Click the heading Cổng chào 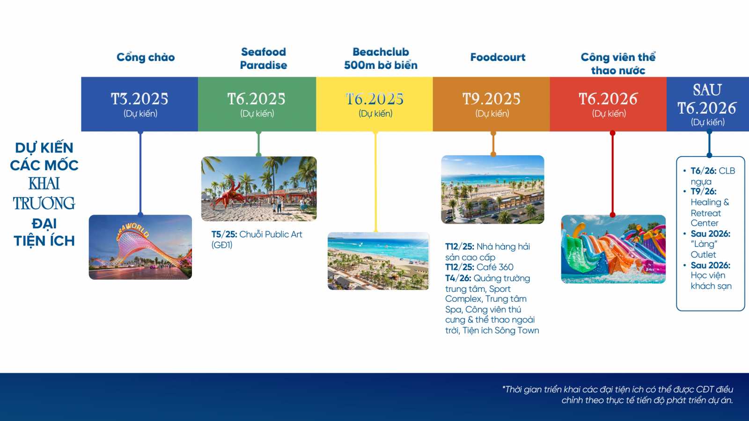point(146,57)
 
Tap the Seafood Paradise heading point(264,58)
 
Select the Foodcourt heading point(498,57)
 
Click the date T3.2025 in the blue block point(140,99)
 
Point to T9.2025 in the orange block point(492,99)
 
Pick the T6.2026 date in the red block point(609,99)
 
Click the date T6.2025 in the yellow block point(375,99)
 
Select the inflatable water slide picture point(613,249)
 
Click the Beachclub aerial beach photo point(378,261)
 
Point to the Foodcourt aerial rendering point(492,189)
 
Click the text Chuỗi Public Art point(271,234)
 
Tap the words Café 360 point(495,267)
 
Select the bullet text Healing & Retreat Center point(710,212)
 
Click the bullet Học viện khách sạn point(711,281)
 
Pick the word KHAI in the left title point(44,183)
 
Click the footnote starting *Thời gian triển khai point(617,395)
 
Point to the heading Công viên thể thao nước point(618,64)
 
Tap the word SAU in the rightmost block point(707,89)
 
